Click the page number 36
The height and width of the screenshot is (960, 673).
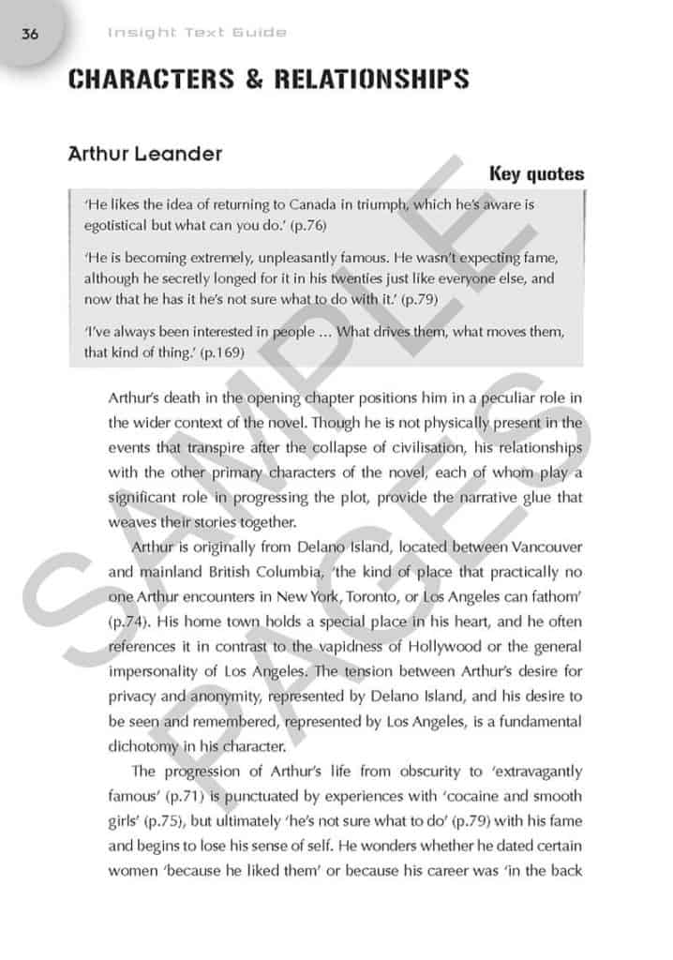coord(29,34)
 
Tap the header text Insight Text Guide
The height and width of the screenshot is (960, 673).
coord(197,33)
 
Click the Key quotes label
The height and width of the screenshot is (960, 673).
coord(536,174)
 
